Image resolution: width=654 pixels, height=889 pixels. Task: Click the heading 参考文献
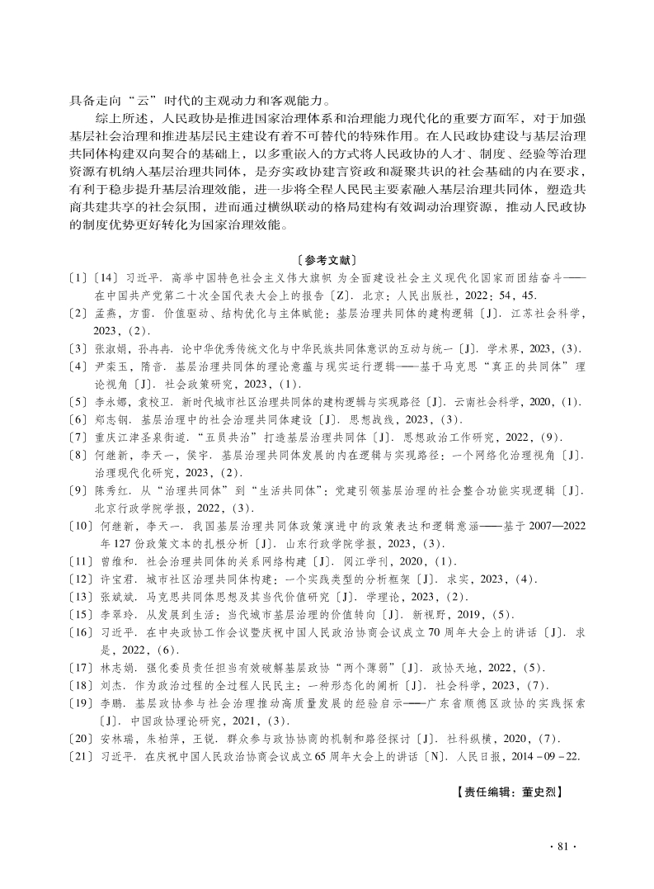(327, 259)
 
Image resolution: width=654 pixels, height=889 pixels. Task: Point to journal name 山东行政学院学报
(332, 544)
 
